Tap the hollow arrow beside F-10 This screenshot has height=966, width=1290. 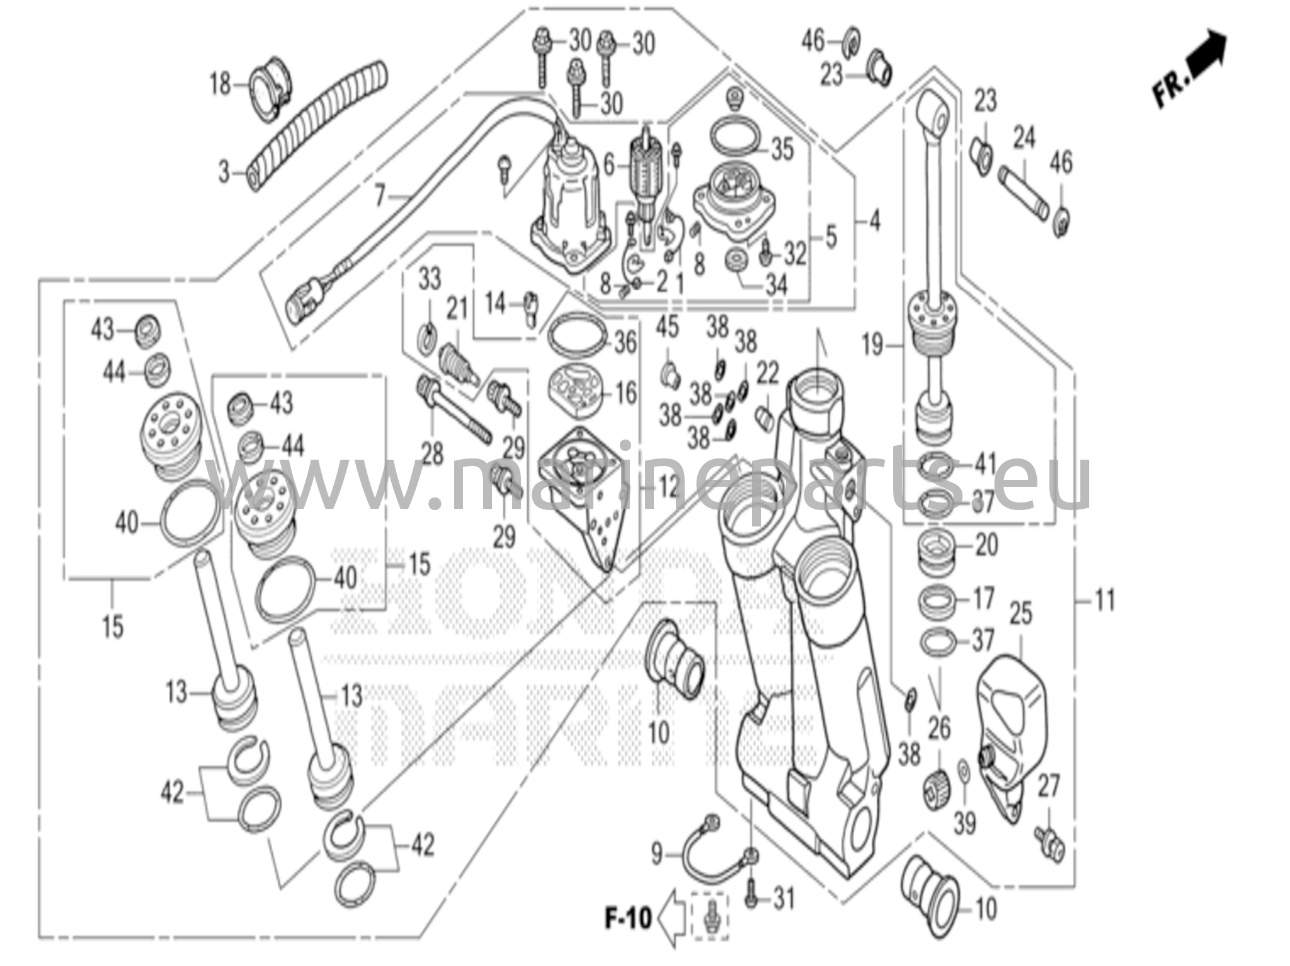[x=671, y=920]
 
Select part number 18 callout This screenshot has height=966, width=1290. [x=221, y=84]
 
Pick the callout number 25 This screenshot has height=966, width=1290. [x=1021, y=613]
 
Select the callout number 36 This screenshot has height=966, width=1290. [x=625, y=343]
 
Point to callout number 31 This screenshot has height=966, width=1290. [x=784, y=899]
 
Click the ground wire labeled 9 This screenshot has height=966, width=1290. [x=712, y=844]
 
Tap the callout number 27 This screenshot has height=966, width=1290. [x=1049, y=786]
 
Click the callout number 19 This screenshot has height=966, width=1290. [x=873, y=345]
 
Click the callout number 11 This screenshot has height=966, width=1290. [x=1104, y=601]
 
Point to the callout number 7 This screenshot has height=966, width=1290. [x=379, y=196]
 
